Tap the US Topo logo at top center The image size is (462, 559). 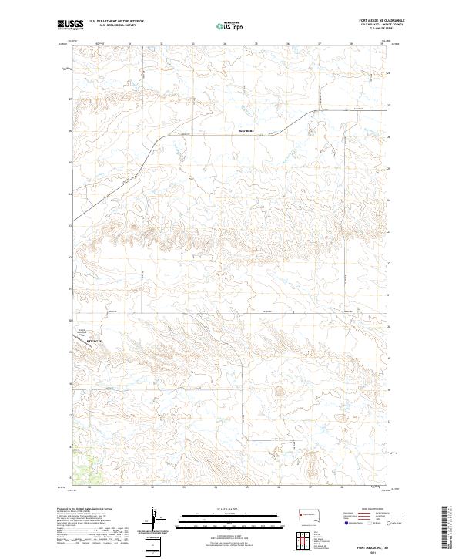[x=230, y=25]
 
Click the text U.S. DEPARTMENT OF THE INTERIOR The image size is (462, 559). [x=116, y=22]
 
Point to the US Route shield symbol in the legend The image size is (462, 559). [x=370, y=524]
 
